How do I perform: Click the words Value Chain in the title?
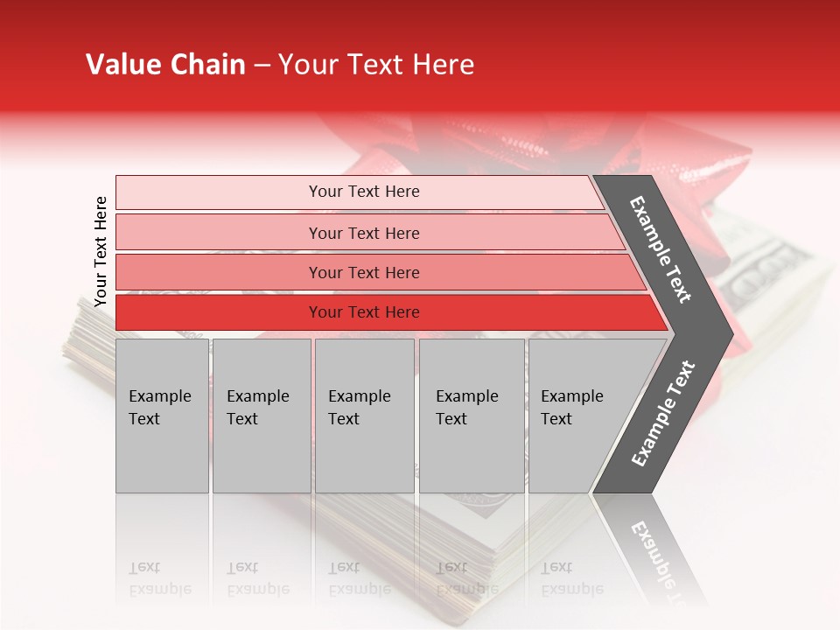pos(165,65)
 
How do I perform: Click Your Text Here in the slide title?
pos(375,65)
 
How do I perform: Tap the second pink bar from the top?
pos(364,233)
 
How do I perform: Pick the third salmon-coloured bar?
pos(364,272)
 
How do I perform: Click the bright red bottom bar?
pos(364,312)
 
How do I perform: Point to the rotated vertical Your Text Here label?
pos(101,251)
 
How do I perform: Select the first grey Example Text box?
pos(162,415)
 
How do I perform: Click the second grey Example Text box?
pos(261,415)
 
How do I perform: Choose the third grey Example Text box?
pos(363,415)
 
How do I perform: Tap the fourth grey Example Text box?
pos(471,415)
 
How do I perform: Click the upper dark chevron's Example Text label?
pos(661,249)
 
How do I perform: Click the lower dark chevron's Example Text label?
pos(662,413)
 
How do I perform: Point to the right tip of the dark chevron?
pos(731,333)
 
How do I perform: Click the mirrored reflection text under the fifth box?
pos(571,578)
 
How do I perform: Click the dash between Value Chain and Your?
pos(261,66)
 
